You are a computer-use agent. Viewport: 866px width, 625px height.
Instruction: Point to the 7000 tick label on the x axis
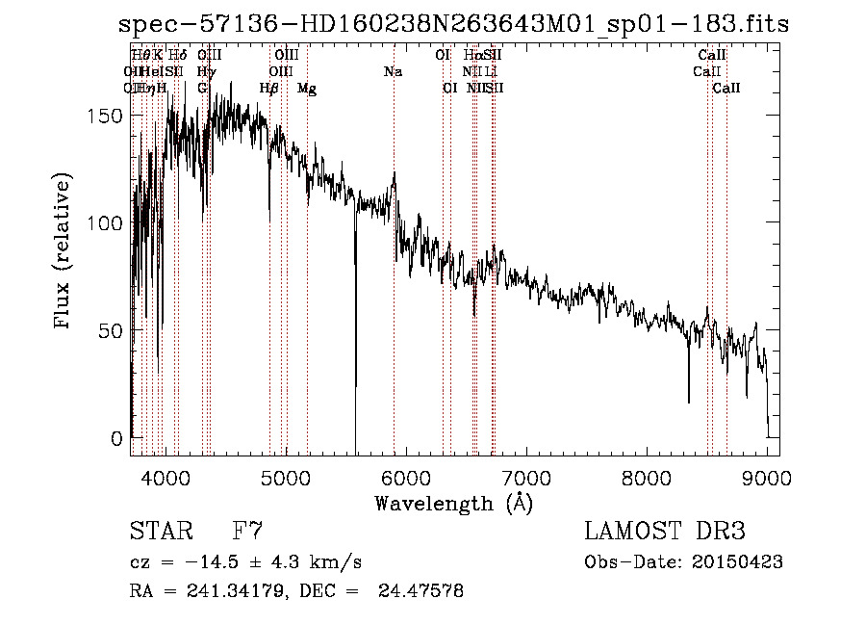coord(525,477)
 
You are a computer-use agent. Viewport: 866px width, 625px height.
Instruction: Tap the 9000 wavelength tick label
coord(766,477)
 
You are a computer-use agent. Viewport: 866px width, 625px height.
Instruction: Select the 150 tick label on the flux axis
coord(108,116)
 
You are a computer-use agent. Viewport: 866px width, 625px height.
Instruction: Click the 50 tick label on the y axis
coord(114,330)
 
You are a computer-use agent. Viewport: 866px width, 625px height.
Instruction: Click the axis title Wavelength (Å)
coord(453,503)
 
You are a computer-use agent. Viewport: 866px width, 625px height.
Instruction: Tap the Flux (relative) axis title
coord(64,252)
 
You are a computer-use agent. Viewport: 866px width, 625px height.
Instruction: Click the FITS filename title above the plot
coord(453,24)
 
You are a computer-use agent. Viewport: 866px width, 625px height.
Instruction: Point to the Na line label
coord(393,72)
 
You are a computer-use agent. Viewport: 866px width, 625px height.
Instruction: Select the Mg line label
coord(307,89)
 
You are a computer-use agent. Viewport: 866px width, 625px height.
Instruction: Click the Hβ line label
coord(269,89)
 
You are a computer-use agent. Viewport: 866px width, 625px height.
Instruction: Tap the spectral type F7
coord(248,532)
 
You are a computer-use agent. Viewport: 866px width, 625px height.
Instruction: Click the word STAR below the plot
coord(161,532)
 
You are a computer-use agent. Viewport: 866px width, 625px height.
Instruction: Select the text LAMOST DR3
coord(665,532)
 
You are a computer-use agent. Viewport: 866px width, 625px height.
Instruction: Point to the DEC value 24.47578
coord(423,591)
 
